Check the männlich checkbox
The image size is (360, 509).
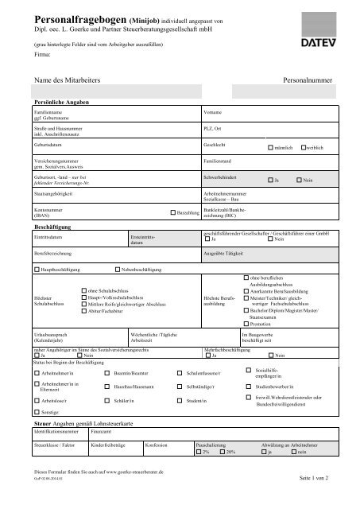pos(272,148)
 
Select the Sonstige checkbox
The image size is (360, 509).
pos(36,414)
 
